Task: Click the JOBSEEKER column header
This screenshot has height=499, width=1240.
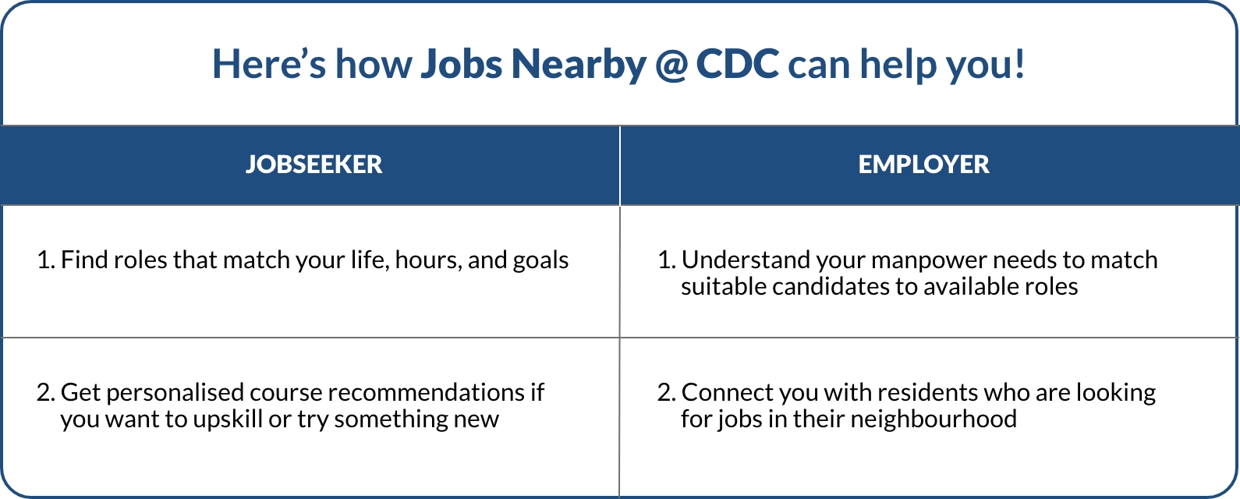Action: click(x=314, y=165)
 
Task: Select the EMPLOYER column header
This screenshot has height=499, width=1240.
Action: click(x=923, y=165)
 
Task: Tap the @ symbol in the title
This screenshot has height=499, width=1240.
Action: click(x=671, y=64)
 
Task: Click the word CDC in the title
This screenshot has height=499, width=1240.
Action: click(x=737, y=64)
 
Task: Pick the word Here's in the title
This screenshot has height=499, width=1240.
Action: click(x=269, y=64)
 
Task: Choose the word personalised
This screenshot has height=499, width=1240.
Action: click(x=174, y=393)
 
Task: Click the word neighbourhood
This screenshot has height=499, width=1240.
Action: click(x=934, y=419)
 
